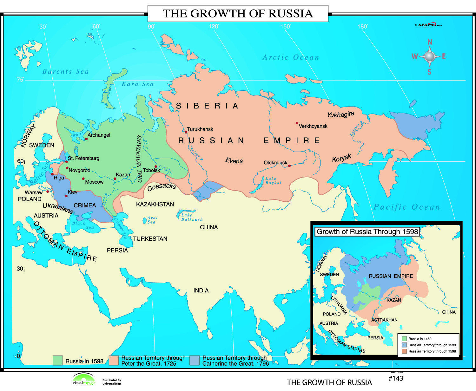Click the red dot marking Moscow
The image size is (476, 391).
pos(83,179)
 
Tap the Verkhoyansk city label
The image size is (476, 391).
pos(313,126)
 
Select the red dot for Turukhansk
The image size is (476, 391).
pos(186,132)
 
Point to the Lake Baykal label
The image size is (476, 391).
pos(273,181)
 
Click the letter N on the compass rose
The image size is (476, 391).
pos(430,42)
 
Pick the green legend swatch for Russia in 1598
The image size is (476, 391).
pos(57,361)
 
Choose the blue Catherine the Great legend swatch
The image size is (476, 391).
pos(195,361)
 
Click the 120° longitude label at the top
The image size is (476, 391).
pos(214,27)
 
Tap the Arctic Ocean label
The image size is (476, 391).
pos(290,57)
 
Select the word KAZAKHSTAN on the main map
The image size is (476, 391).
pos(155,204)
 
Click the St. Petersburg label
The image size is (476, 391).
pos(83,158)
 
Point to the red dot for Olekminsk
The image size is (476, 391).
pos(289,166)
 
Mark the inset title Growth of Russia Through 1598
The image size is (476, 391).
pos(367,231)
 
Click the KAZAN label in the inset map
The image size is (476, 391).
pos(393,300)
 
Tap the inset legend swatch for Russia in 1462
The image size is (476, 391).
pos(404,339)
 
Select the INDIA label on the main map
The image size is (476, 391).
pos(201,290)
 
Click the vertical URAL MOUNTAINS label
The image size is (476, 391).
pos(139,159)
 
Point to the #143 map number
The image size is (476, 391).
pos(396,378)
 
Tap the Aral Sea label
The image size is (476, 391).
pos(152,220)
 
